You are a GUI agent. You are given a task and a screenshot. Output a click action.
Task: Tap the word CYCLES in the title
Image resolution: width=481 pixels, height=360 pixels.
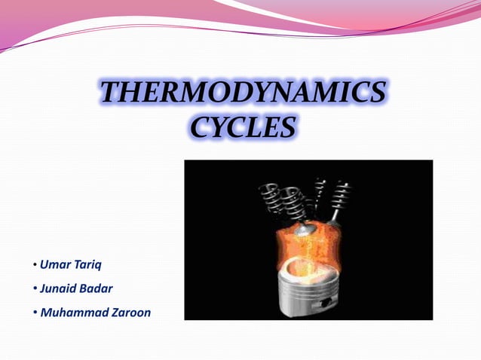240,125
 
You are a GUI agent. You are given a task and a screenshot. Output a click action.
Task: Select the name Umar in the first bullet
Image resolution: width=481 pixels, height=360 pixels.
54,264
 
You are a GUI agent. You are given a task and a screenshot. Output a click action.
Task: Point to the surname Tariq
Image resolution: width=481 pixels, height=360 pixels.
87,264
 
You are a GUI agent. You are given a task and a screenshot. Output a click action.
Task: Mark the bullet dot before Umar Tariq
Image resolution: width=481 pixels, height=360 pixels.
35,266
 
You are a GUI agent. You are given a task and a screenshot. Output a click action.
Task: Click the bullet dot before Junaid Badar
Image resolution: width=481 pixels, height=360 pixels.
35,288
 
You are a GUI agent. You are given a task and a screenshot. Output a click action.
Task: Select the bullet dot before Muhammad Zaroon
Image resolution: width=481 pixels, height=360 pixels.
35,311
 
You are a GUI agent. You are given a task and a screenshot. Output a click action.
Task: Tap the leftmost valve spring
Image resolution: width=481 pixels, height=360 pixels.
272,197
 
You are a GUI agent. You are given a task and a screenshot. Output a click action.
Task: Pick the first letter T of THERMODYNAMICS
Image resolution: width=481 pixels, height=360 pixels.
111,93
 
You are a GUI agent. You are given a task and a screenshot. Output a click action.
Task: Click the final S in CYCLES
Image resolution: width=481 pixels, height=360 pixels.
285,125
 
